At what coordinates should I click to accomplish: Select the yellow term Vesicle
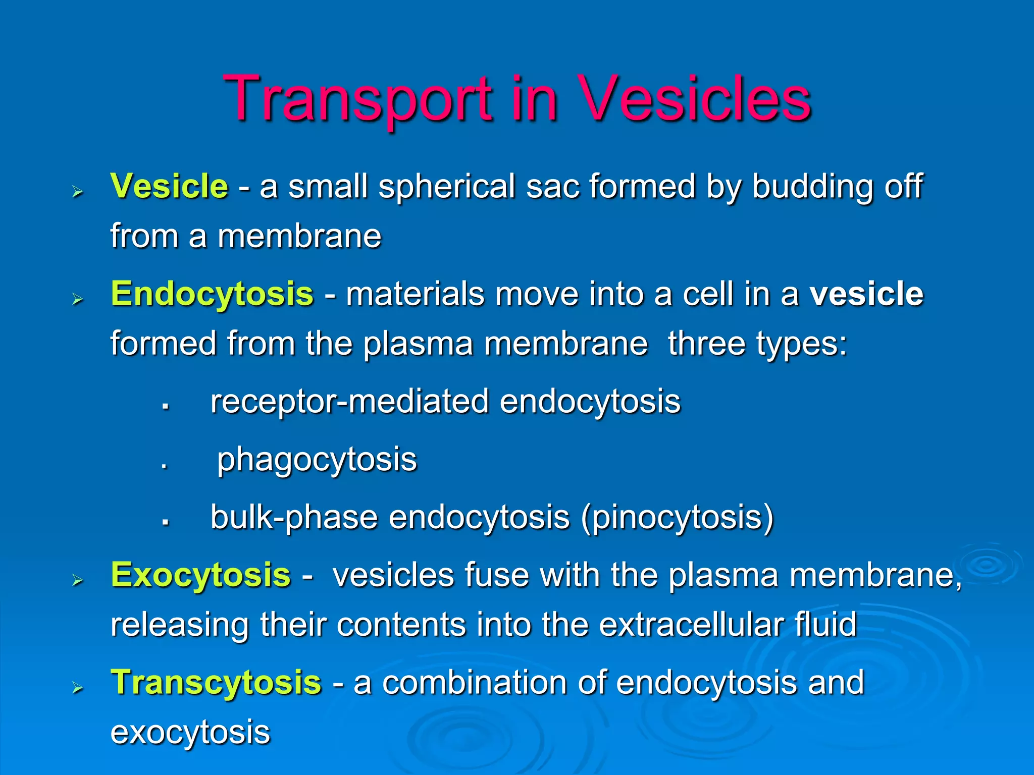(x=169, y=186)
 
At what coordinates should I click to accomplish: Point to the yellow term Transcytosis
(x=216, y=682)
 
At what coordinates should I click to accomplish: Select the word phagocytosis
(x=317, y=460)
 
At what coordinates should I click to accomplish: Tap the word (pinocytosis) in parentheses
(x=677, y=517)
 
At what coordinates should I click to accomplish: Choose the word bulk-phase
(x=294, y=517)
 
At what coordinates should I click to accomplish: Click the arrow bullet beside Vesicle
(x=77, y=192)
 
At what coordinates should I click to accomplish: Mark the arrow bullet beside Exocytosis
(x=77, y=580)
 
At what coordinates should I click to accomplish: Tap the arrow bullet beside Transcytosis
(x=77, y=688)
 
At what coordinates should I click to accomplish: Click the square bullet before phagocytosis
(x=164, y=467)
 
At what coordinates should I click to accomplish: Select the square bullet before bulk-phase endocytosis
(x=165, y=523)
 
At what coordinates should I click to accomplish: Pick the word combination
(x=474, y=682)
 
